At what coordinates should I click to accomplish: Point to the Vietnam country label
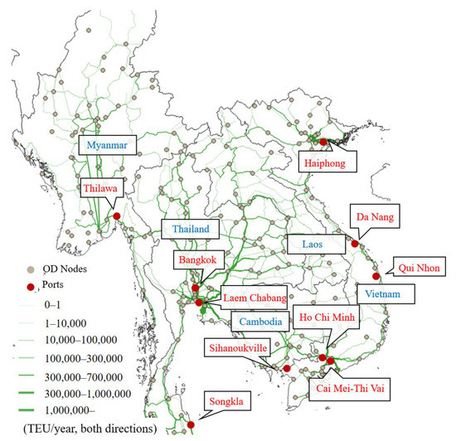pos(386,294)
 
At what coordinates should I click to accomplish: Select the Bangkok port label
pos(196,259)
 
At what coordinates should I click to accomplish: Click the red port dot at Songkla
pos(192,425)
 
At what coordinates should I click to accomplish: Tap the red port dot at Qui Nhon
pos(376,276)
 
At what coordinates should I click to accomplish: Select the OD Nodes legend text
pos(69,270)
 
